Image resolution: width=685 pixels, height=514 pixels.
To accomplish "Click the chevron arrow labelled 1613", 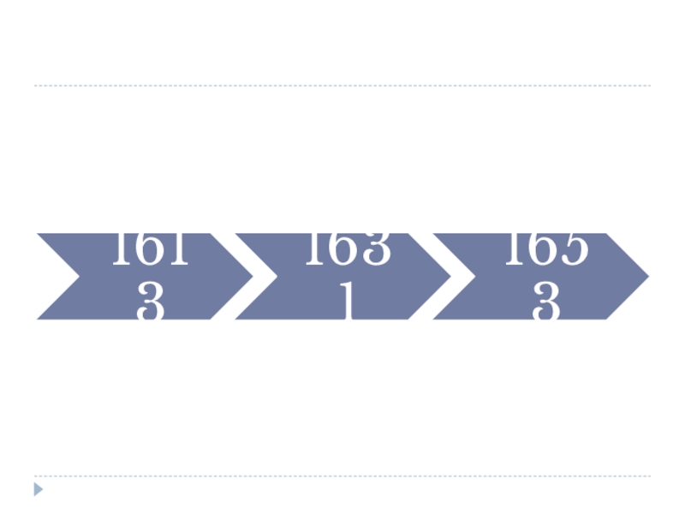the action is pos(146,277).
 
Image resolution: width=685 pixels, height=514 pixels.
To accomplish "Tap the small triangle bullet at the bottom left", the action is pos(38,489).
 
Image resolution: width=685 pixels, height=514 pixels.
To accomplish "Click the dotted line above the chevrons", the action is pos(342,86).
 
